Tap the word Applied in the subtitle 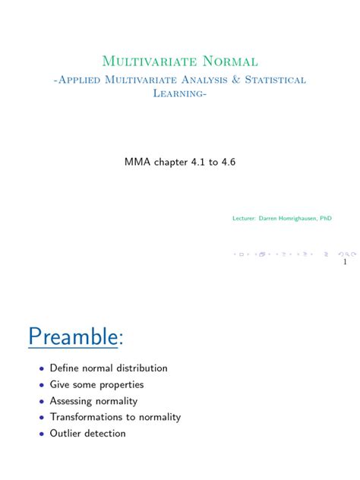(83, 80)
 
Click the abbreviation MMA (137, 163)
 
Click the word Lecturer (245, 218)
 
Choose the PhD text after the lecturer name (325, 218)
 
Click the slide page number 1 (345, 263)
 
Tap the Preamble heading (76, 336)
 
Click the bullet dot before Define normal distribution (41, 369)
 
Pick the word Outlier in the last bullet (67, 434)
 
